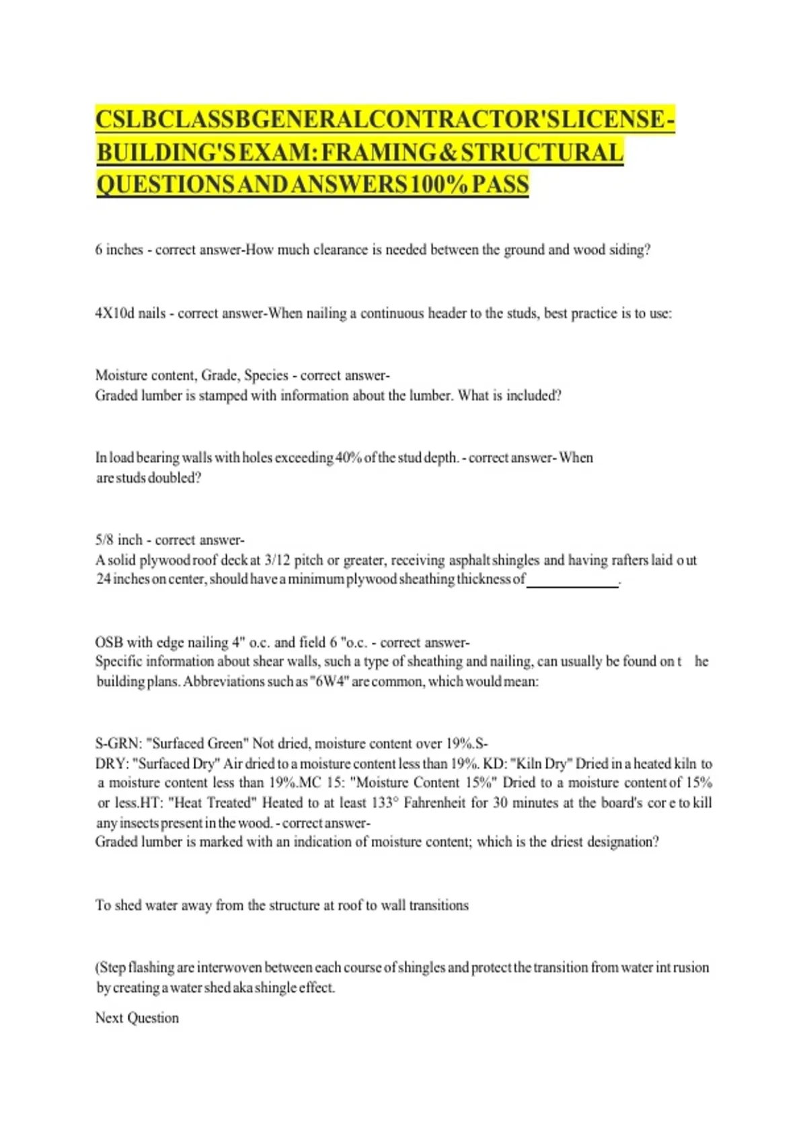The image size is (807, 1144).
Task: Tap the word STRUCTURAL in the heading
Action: pyautogui.click(x=542, y=153)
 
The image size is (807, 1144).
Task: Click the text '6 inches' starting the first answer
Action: pyautogui.click(x=119, y=250)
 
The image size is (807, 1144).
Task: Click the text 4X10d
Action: pyautogui.click(x=115, y=314)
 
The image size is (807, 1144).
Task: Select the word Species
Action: pyautogui.click(x=266, y=376)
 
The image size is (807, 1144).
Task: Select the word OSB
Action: pyautogui.click(x=109, y=643)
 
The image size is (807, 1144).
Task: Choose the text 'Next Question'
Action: pyautogui.click(x=137, y=1018)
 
